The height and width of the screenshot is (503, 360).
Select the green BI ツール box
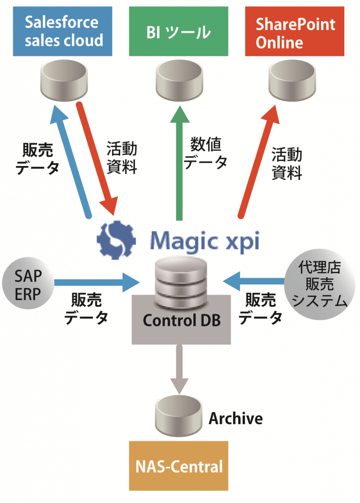coord(179,31)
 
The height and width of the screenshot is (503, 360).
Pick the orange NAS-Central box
coord(179,465)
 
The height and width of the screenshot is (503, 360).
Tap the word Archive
coord(236,419)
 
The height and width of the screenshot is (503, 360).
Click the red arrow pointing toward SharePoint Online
coord(260,162)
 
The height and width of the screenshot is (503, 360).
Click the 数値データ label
coord(206,153)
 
